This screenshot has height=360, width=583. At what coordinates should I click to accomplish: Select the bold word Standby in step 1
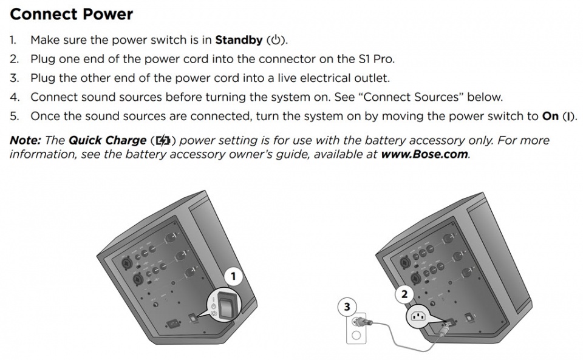[239, 41]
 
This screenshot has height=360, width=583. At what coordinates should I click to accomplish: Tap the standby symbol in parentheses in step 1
[276, 41]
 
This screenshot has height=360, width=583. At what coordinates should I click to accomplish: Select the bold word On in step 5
[550, 116]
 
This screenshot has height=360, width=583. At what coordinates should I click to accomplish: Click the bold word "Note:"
[25, 140]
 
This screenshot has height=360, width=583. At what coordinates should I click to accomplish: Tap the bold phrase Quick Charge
[107, 140]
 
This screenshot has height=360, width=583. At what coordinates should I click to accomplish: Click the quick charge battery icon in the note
[162, 141]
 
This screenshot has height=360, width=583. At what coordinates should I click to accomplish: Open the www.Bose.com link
[424, 154]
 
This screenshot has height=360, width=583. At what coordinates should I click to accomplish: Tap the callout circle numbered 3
[347, 307]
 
